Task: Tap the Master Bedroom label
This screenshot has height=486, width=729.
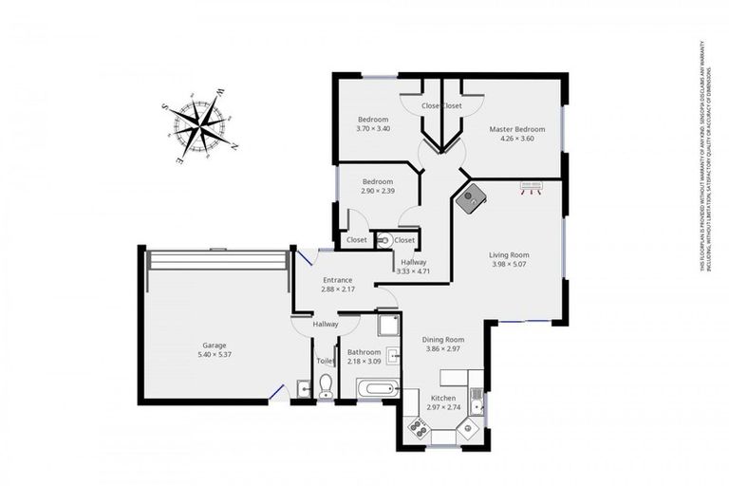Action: [517, 128]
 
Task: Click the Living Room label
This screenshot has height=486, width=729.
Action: [509, 254]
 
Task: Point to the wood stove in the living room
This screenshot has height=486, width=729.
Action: [470, 198]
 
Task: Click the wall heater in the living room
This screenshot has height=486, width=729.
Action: [530, 187]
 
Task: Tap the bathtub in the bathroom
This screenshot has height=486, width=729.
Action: [377, 388]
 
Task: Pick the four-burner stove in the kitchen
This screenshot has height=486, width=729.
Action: [417, 427]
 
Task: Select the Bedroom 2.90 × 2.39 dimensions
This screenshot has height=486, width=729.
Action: [377, 191]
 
